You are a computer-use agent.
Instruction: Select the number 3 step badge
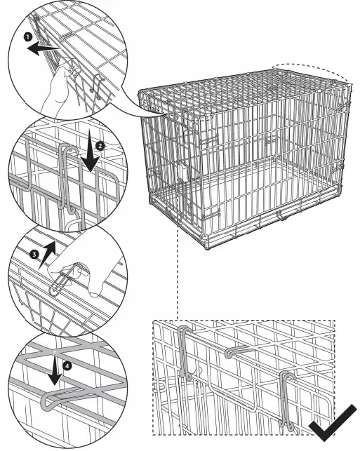34,255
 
